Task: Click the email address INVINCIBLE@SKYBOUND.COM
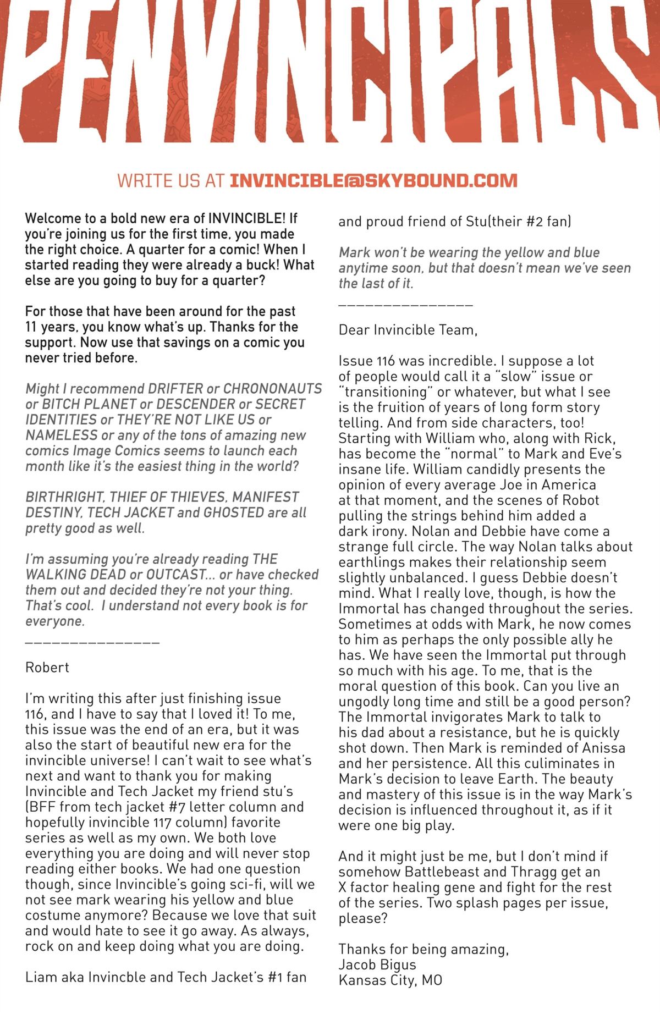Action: point(373,181)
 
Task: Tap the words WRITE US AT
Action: point(171,181)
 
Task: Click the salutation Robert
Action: point(47,668)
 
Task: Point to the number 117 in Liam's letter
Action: point(160,823)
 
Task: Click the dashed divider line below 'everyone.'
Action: point(92,642)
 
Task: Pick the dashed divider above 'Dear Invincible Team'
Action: point(405,304)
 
